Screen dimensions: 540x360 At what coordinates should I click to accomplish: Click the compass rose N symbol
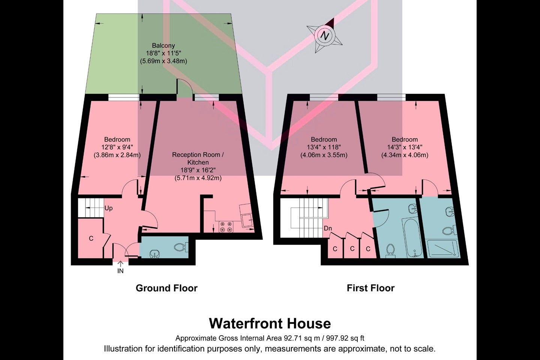tap(324, 36)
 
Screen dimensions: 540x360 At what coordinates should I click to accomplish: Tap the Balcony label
tap(163, 45)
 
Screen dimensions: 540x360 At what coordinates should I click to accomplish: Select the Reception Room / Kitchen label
tap(198, 158)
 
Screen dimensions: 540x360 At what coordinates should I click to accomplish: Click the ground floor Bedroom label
tap(117, 139)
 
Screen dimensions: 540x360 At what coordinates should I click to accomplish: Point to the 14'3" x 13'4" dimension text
tap(405, 147)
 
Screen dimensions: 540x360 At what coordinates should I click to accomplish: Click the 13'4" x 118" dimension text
tap(324, 147)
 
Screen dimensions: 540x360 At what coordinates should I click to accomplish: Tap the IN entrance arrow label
tap(120, 268)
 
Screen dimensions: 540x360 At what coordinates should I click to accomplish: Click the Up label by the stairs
tap(108, 208)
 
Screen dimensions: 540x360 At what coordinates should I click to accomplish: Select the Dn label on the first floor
tap(328, 228)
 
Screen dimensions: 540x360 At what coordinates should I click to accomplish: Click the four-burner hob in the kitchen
tap(226, 226)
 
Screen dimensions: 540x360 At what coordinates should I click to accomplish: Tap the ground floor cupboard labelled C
tap(91, 238)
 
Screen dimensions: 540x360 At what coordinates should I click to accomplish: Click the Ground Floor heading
tap(166, 288)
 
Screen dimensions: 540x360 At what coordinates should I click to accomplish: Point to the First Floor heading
tap(370, 288)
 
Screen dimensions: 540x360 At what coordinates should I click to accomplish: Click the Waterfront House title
tap(270, 324)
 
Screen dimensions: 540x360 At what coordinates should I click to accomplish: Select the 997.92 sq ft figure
tap(345, 338)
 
